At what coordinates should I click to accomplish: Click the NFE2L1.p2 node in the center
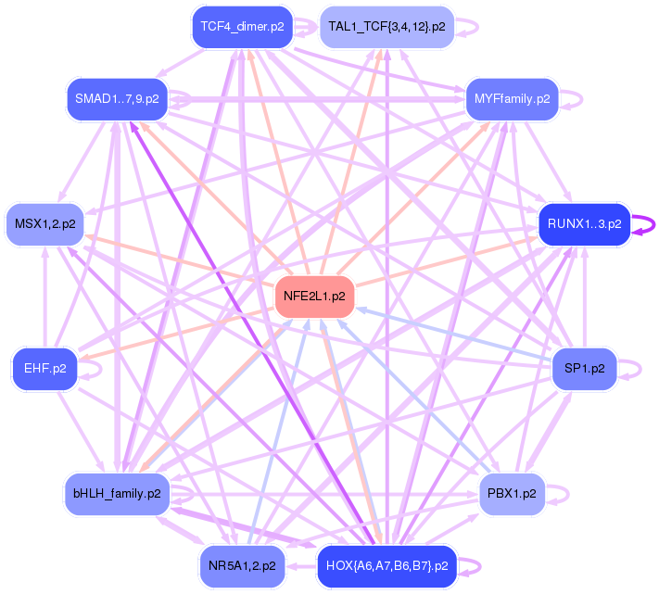314,297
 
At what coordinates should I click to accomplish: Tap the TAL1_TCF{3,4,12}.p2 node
387,27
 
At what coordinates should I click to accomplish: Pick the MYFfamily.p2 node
512,97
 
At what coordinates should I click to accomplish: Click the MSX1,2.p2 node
45,224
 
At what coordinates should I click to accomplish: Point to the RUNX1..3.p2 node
584,223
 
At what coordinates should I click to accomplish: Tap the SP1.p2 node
584,369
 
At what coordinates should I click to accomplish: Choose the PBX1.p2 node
512,494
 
